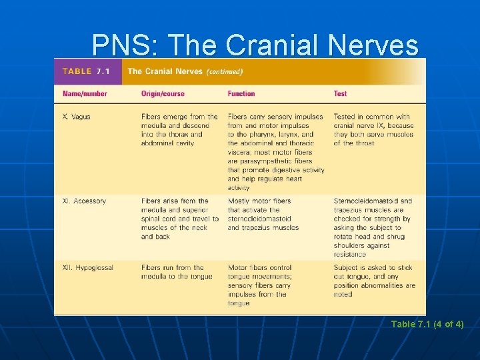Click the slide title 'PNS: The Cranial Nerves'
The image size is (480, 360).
click(x=255, y=45)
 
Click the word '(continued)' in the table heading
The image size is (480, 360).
click(x=224, y=71)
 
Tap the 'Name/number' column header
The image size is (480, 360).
click(x=85, y=93)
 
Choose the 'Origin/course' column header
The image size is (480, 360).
click(x=163, y=93)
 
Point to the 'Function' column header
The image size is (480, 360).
click(x=241, y=93)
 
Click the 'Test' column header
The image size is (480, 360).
click(x=340, y=93)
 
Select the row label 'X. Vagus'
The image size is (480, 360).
click(x=76, y=117)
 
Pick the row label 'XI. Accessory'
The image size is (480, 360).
click(x=84, y=201)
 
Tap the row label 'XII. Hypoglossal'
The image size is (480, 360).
click(x=87, y=267)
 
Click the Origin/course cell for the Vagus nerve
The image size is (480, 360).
click(x=179, y=130)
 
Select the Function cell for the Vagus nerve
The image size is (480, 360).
click(x=276, y=152)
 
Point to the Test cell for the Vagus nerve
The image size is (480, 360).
click(x=373, y=130)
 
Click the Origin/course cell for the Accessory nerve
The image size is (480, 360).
click(x=179, y=219)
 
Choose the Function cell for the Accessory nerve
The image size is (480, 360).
click(x=263, y=214)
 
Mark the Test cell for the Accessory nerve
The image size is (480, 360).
click(x=373, y=227)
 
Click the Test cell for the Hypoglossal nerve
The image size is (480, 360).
click(x=374, y=281)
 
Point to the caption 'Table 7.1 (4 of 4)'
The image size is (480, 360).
click(x=427, y=324)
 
